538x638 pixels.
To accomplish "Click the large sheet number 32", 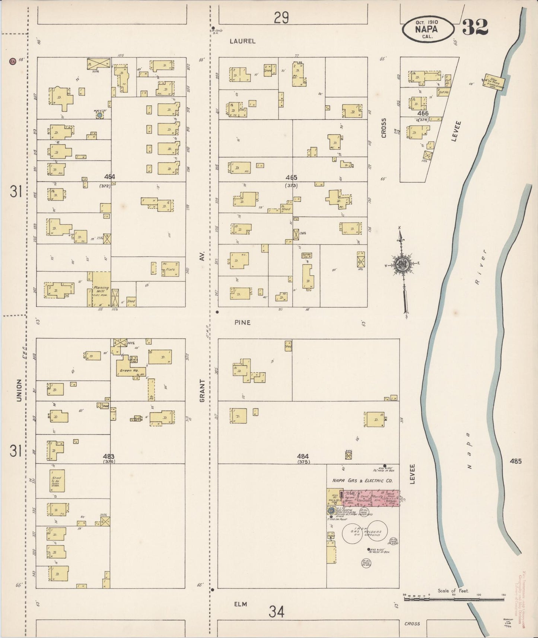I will [x=475, y=27].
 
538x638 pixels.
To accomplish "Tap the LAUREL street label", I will [x=242, y=41].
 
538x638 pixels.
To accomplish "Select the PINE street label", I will [x=242, y=322].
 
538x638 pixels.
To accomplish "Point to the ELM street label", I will [x=241, y=604].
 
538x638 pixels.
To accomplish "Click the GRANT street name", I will [x=203, y=390].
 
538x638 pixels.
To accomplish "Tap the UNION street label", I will [x=19, y=390].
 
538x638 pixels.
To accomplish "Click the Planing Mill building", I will [x=101, y=289].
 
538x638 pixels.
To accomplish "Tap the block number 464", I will [x=110, y=177].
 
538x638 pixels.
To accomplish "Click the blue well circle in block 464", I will [x=99, y=115].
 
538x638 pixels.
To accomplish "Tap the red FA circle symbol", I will [x=13, y=61].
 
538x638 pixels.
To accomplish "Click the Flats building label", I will [x=170, y=269].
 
